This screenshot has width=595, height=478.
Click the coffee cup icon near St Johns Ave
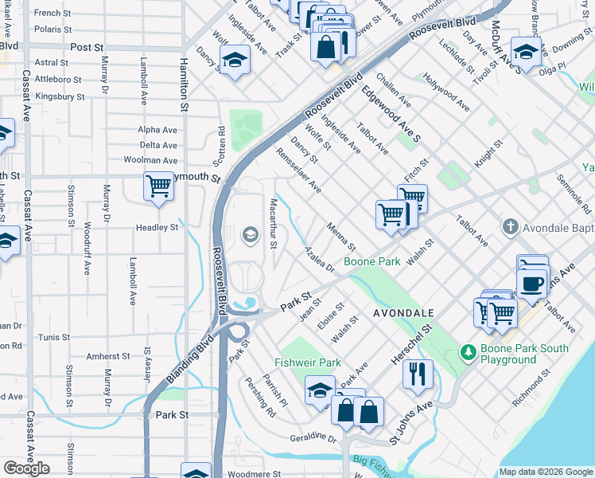point(531,282)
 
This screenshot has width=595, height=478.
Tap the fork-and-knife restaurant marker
point(418,373)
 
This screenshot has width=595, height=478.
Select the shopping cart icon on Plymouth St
point(158,186)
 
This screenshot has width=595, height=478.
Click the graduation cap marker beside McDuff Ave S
point(526,52)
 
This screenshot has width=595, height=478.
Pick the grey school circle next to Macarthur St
point(250,234)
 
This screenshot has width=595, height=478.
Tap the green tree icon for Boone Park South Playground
point(469,351)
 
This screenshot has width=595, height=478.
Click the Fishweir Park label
point(308,363)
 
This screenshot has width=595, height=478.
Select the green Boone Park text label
point(371,261)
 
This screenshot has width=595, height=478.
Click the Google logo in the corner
point(26,468)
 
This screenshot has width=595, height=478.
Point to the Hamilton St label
point(184,84)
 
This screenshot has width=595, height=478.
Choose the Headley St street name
point(158,228)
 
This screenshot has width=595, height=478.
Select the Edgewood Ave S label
point(391,104)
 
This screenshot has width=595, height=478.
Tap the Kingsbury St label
point(60,96)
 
